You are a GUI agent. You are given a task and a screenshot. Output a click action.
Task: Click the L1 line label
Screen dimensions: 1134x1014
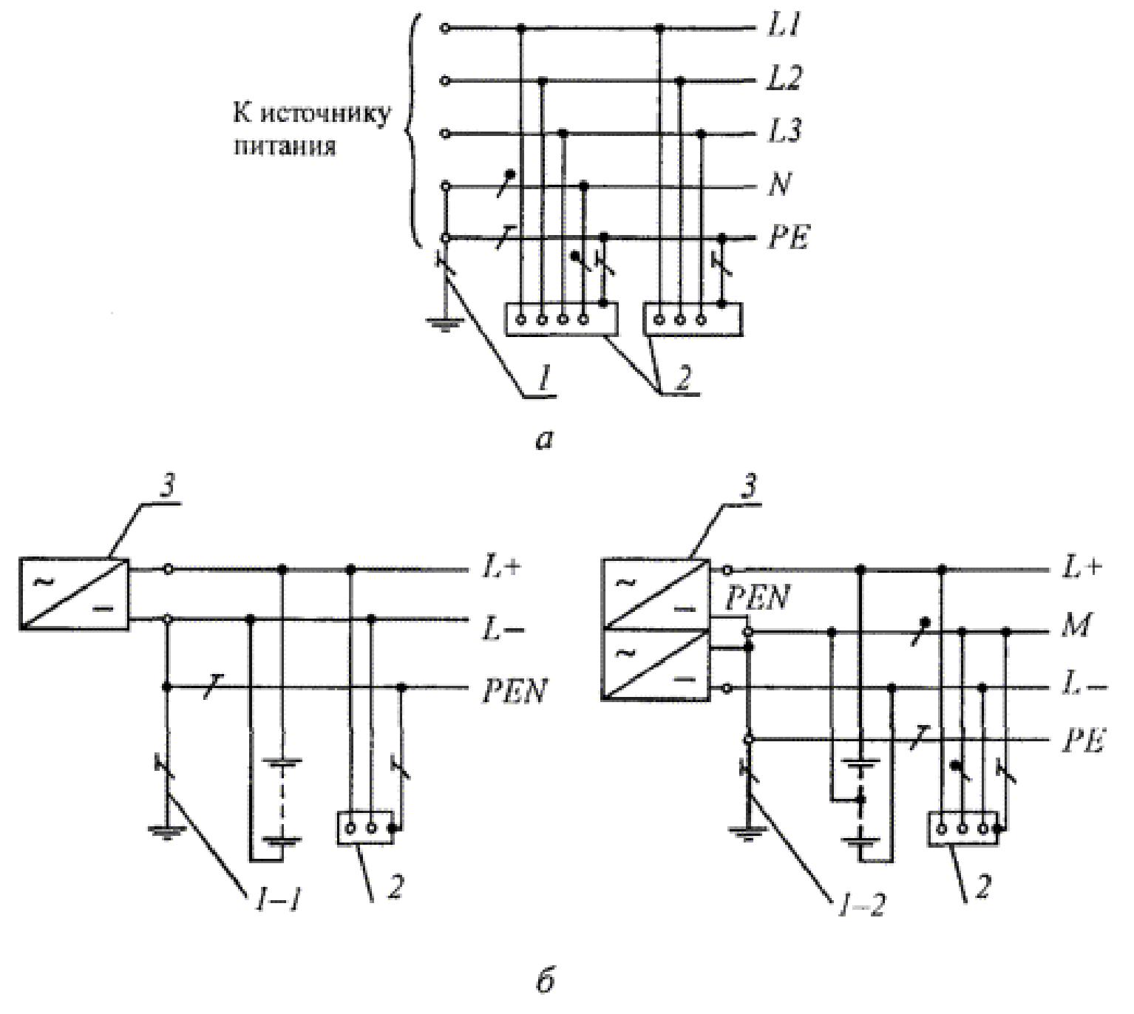coord(784,27)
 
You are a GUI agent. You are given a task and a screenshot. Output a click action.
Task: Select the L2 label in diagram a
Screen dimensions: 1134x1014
coord(784,79)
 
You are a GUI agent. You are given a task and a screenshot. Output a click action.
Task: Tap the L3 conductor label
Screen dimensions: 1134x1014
coord(784,132)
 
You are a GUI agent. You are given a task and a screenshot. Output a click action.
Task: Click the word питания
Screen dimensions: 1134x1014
coord(285,146)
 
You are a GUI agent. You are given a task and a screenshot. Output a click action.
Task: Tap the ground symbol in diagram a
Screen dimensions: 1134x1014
coord(444,324)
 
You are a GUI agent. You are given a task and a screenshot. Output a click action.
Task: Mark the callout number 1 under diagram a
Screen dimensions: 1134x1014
coord(540,380)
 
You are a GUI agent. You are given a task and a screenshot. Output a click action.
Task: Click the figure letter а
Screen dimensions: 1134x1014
coord(544,440)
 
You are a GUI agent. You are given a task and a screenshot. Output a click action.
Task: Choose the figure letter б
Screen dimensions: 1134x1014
coord(545,982)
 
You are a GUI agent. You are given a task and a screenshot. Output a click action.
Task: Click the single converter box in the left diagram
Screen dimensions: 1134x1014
coord(74,594)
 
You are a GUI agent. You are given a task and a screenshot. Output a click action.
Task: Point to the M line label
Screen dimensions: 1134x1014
coord(1076,625)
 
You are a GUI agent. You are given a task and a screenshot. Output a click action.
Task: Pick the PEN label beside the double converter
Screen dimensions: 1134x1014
coord(757,598)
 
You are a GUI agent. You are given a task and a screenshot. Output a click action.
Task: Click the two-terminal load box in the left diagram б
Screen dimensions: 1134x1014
coord(366,828)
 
